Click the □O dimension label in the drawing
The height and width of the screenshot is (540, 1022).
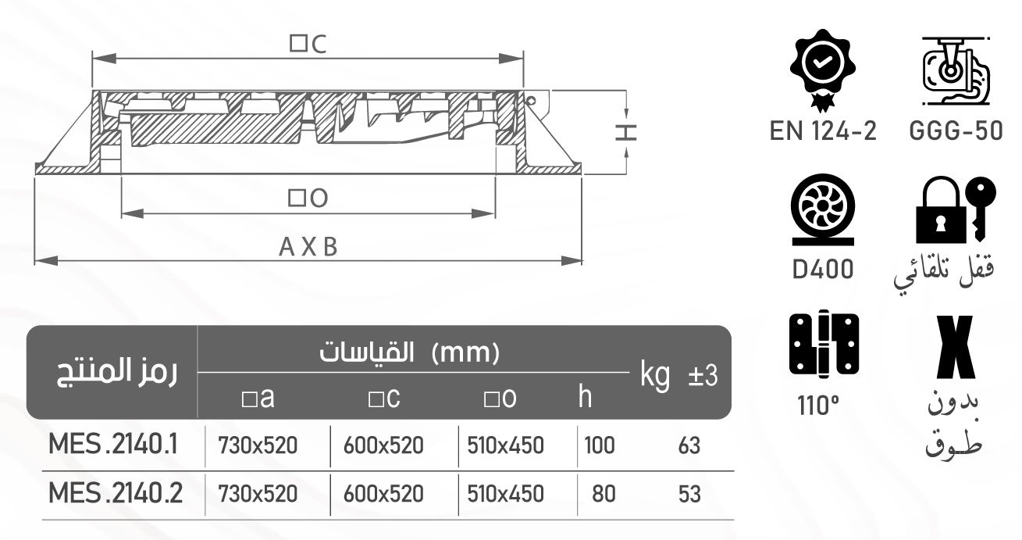click(308, 199)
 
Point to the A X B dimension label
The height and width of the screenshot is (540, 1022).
click(308, 247)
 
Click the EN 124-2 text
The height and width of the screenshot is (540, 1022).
click(822, 131)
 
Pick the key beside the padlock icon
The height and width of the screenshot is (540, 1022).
click(979, 206)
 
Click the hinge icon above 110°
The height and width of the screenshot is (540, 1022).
click(824, 344)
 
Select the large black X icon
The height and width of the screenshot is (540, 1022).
click(955, 347)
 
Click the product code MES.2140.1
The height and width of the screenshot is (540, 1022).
click(114, 445)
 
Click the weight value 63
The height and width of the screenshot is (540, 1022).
click(689, 446)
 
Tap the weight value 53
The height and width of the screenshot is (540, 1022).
click(689, 495)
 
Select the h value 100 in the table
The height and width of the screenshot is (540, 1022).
click(600, 446)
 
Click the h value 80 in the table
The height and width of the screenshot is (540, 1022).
click(604, 495)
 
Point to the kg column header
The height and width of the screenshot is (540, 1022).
click(655, 376)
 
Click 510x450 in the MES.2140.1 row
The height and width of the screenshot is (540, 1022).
click(505, 446)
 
